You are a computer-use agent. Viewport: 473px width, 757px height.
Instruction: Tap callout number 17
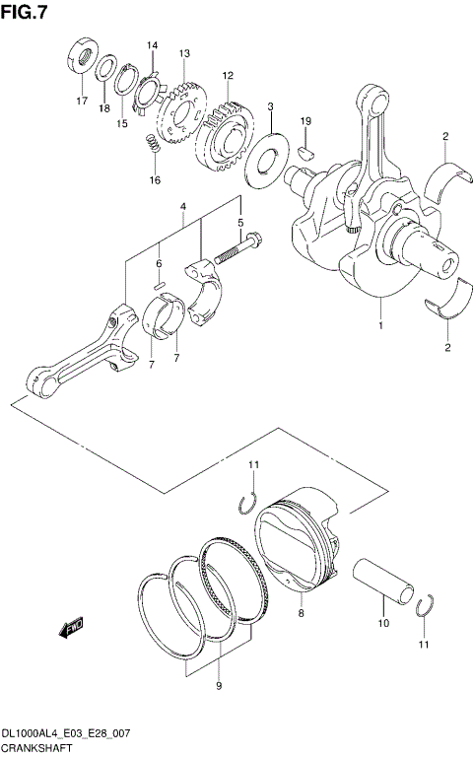82,101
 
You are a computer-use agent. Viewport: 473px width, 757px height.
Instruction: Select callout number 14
152,46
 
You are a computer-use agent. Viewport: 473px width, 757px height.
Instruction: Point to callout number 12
227,75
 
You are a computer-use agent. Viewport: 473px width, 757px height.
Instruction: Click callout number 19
305,121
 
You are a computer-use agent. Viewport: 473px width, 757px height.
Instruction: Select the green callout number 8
303,612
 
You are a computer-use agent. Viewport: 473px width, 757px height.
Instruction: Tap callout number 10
384,623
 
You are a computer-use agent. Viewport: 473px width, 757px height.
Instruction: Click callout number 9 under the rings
219,685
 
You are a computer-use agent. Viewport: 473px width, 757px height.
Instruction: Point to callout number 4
182,206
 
